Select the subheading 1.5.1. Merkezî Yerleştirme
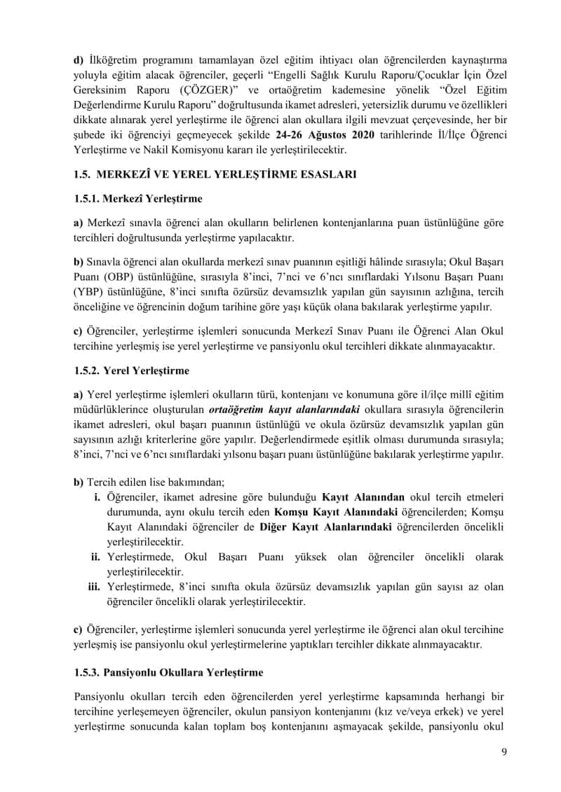[137, 199]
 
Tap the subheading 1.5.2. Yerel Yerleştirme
[131, 370]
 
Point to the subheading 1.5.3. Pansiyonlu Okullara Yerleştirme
[168, 672]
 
